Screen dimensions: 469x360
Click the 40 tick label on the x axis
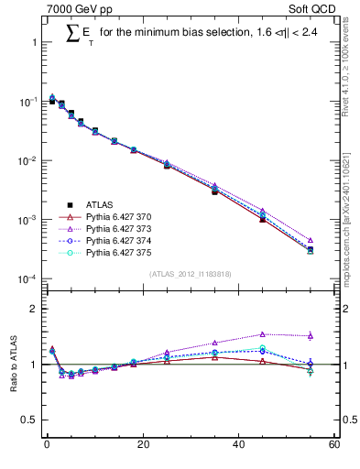[x=238, y=446]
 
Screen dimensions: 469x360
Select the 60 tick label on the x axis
[x=333, y=446]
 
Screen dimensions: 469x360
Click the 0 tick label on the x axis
[x=47, y=446]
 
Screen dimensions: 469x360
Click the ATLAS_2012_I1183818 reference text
[x=190, y=274]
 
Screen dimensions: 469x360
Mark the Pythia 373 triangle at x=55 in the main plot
[x=310, y=241]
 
